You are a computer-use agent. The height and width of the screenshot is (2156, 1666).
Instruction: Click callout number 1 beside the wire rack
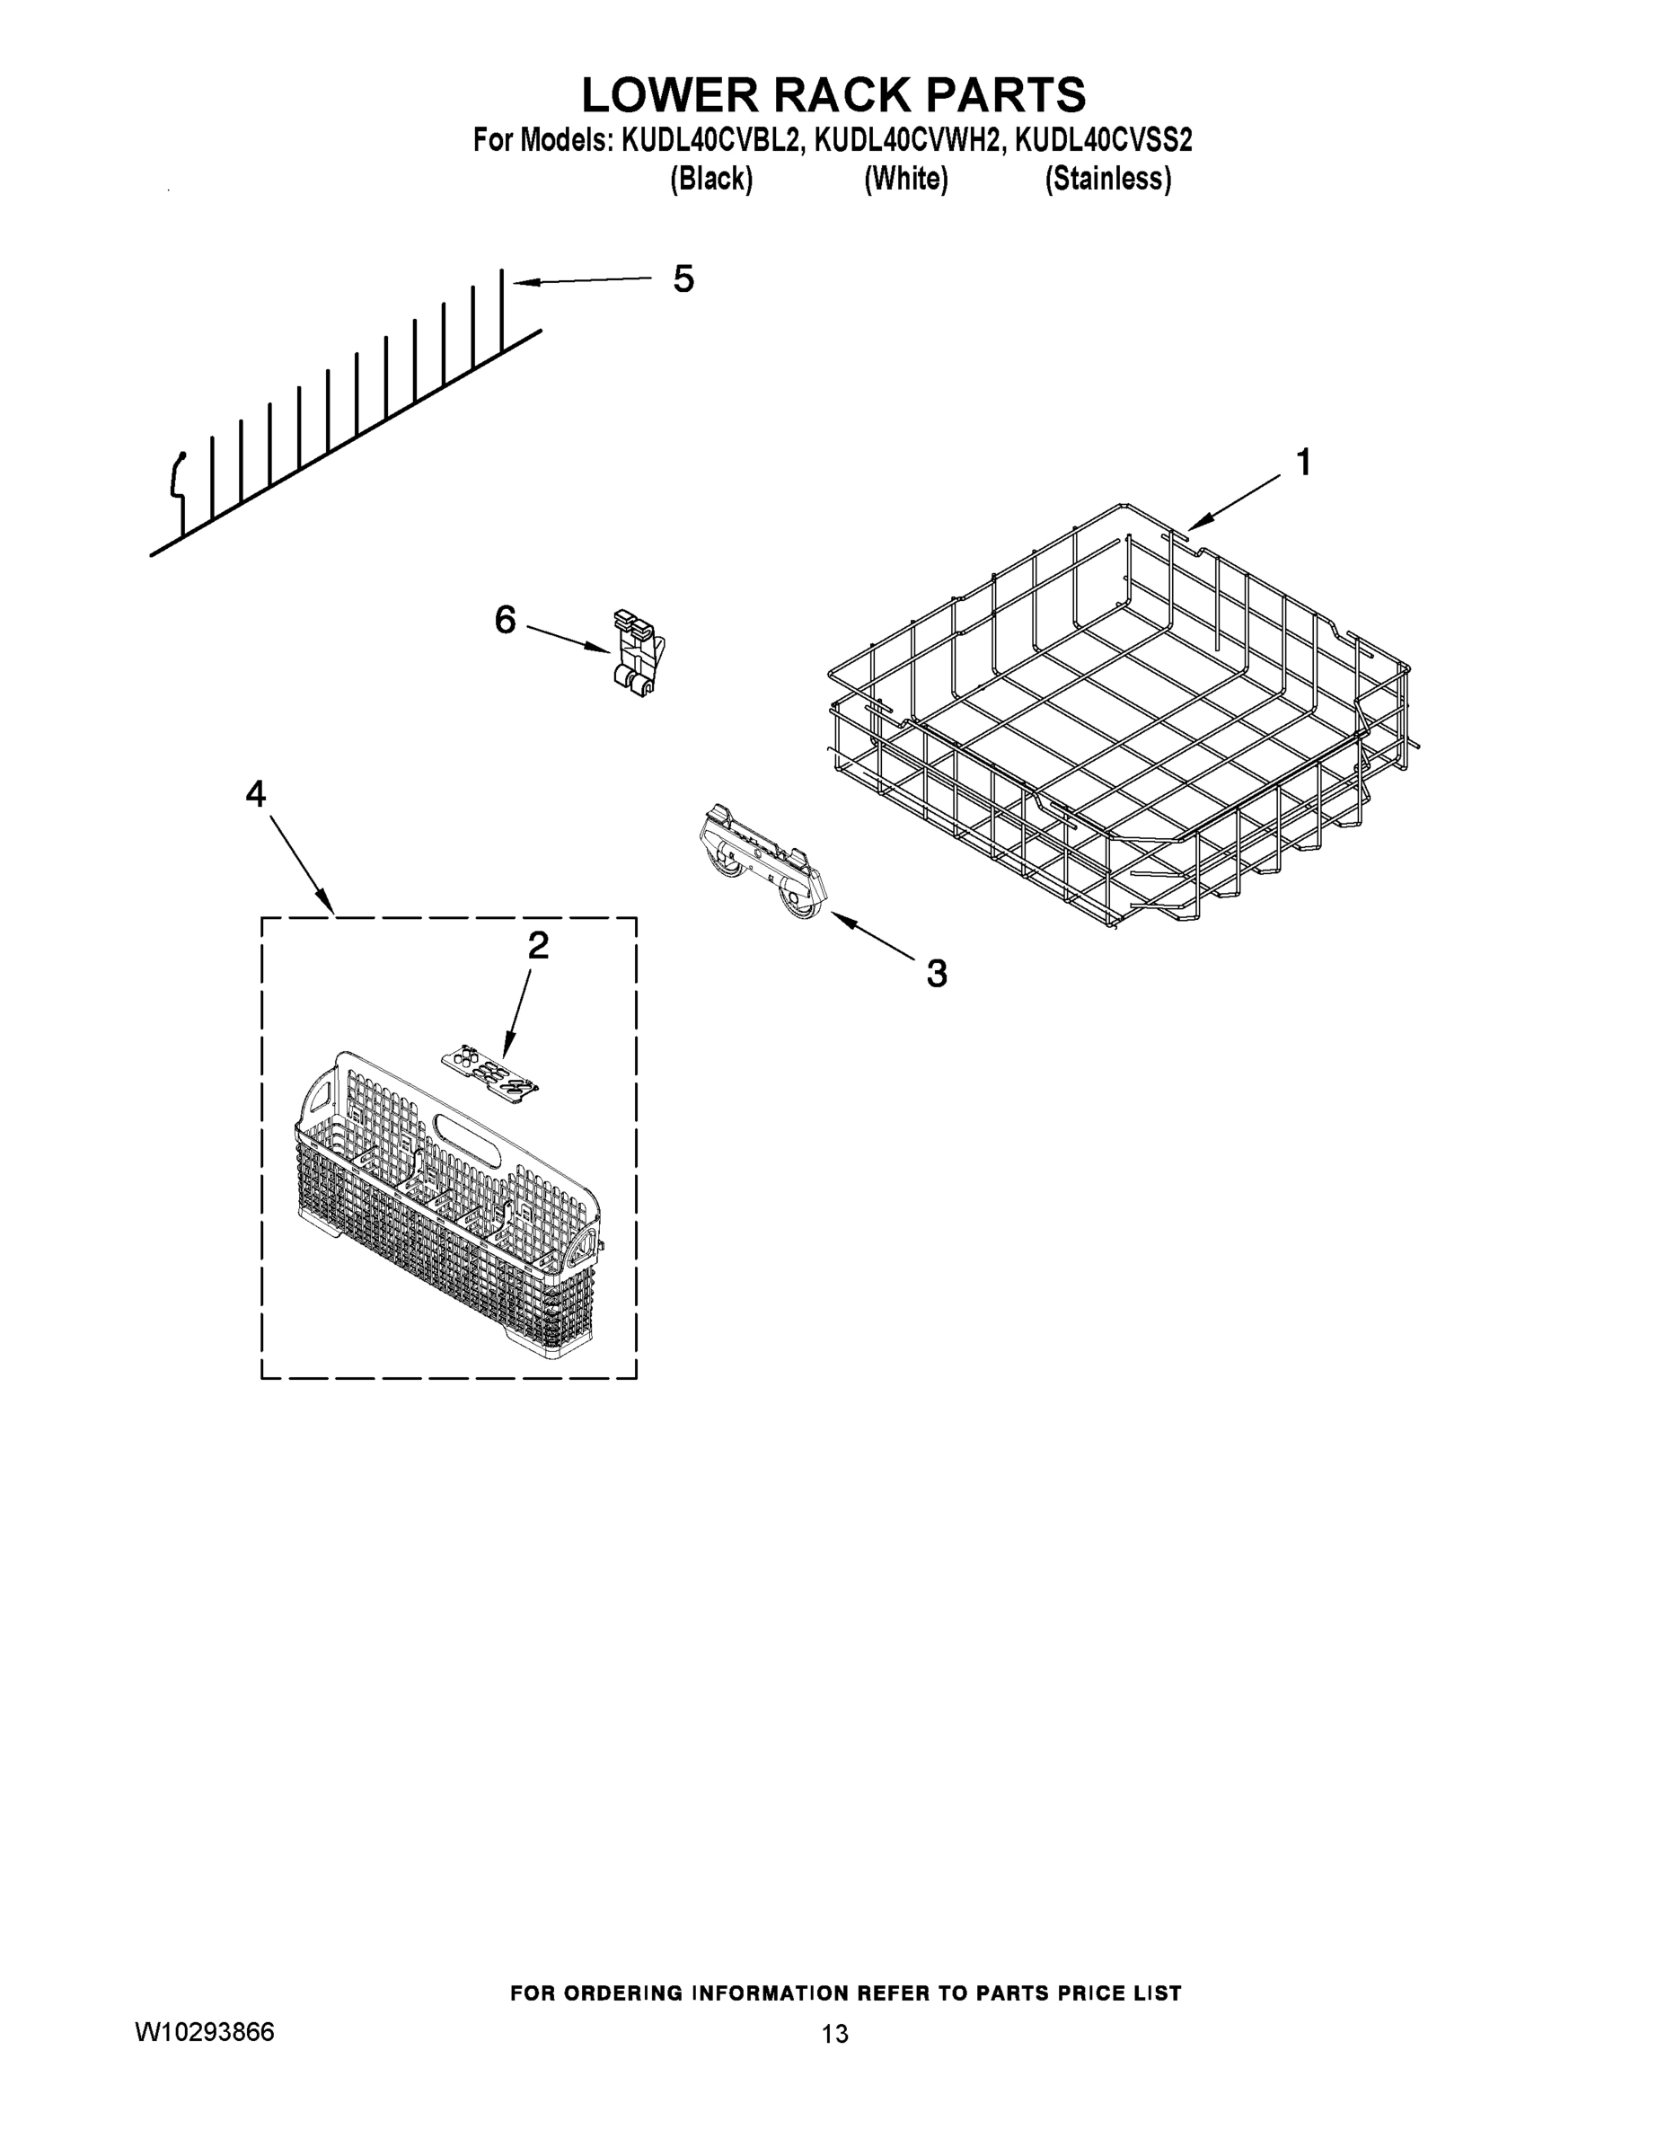(1303, 461)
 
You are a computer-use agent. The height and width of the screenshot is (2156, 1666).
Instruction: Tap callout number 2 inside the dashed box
(538, 946)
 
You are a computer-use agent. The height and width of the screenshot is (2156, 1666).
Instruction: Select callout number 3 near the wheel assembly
(936, 974)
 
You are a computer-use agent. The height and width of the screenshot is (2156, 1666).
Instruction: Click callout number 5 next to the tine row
(683, 278)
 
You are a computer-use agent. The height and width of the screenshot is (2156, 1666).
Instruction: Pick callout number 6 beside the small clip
(505, 620)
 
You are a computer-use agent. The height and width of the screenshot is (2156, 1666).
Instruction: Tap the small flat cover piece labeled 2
(491, 1071)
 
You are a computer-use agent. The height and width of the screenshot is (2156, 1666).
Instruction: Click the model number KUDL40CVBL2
(709, 141)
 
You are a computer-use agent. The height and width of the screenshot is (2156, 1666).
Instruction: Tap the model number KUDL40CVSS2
(1104, 141)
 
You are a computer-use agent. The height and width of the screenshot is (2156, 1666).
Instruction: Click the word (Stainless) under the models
(1107, 179)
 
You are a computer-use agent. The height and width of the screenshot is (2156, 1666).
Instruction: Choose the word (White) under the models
(905, 179)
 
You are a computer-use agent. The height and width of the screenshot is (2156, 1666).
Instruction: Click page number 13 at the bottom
(834, 2034)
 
